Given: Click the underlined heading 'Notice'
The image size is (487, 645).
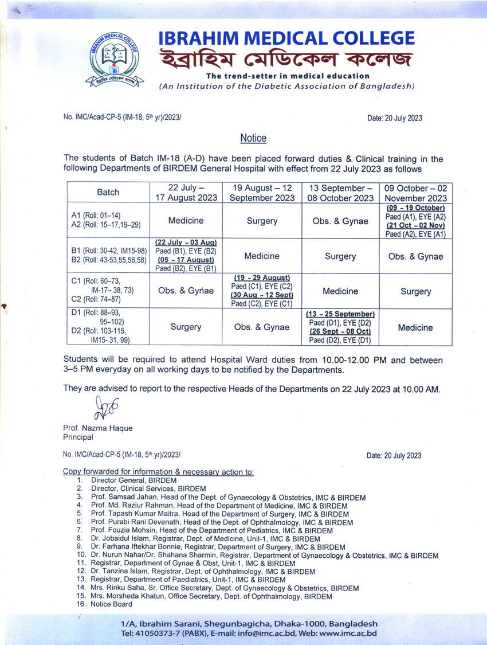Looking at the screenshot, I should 253,138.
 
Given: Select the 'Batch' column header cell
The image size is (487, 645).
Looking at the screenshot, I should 108,193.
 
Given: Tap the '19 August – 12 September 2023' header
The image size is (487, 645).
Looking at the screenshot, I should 262,193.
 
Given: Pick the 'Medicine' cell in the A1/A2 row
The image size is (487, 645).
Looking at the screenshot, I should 186,221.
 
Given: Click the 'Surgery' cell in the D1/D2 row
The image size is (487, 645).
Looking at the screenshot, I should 186,327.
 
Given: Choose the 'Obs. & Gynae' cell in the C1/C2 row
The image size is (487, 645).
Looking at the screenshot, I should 186,291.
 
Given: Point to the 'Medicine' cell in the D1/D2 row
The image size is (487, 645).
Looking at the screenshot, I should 416,327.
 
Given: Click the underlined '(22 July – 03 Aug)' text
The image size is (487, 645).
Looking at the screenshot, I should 186,243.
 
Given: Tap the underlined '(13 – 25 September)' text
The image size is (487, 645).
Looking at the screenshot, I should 340,314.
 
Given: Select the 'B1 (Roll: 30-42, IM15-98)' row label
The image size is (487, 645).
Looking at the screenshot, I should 109,251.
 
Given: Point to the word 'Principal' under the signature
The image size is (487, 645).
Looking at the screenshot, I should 78,437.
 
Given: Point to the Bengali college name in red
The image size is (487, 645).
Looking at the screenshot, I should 286,59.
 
